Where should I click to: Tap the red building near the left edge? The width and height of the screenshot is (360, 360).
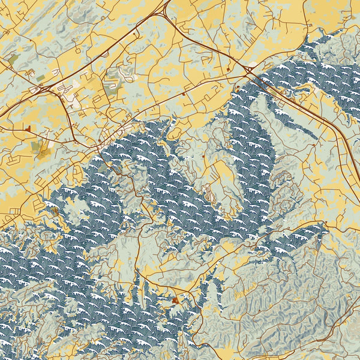[x=28, y=128]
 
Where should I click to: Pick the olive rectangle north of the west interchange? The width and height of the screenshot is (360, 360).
[x=40, y=78]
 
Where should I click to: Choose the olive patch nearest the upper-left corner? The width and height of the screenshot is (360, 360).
[x=13, y=59]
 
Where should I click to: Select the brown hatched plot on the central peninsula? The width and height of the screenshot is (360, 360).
[x=209, y=193]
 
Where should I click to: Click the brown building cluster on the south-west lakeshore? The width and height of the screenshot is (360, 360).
[x=55, y=211]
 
